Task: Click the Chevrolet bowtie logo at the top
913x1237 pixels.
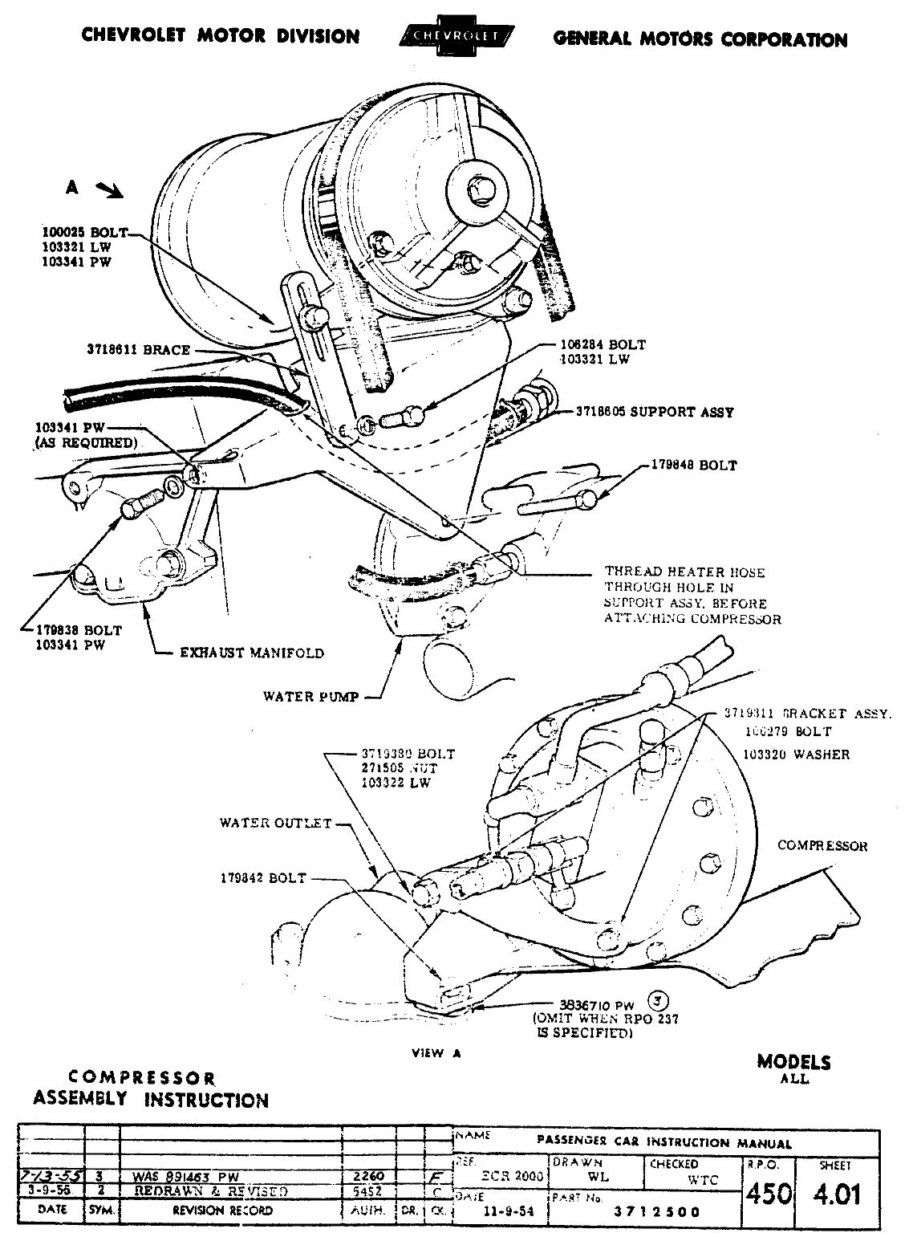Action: tap(456, 37)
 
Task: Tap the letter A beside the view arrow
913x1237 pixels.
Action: tap(72, 187)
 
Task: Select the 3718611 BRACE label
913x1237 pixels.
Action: tap(139, 350)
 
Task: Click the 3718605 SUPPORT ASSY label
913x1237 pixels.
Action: tap(655, 412)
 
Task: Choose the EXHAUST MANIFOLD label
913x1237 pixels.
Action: tap(252, 653)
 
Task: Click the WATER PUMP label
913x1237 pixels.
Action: tap(310, 696)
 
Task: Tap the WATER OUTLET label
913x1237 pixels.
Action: tap(275, 824)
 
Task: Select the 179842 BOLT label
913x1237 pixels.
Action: tap(263, 878)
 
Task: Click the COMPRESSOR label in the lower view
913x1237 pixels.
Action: tap(822, 846)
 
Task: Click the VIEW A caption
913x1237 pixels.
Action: tap(436, 1053)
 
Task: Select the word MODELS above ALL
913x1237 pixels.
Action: tap(793, 1062)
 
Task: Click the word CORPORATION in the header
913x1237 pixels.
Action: tap(780, 39)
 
